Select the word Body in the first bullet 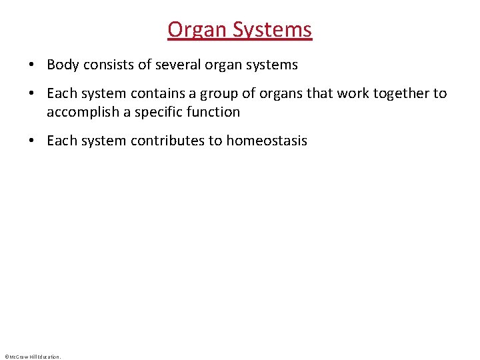click(x=63, y=65)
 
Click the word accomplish click(x=83, y=112)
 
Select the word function click(x=215, y=112)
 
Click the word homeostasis click(x=267, y=141)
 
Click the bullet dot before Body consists click(x=31, y=65)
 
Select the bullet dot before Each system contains click(x=31, y=94)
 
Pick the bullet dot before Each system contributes click(x=31, y=141)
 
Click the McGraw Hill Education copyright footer click(x=32, y=357)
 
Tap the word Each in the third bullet click(x=61, y=141)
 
